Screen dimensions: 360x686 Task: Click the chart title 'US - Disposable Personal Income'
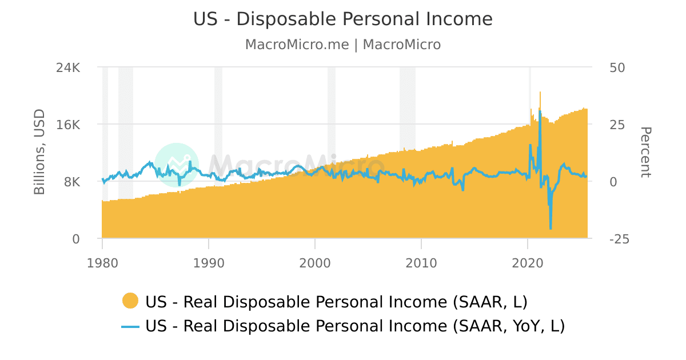[343, 19]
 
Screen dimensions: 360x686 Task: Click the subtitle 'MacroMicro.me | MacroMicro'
[343, 45]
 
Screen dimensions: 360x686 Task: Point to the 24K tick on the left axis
[68, 67]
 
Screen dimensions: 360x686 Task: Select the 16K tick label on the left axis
[68, 125]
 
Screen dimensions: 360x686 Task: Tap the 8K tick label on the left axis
[72, 182]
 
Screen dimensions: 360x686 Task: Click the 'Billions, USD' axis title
[39, 152]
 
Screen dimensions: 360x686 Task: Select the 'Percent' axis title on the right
[645, 153]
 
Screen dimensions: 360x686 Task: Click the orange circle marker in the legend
[130, 301]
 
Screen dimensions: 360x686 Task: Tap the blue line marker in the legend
[130, 326]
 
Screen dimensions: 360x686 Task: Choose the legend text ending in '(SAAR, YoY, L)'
[355, 326]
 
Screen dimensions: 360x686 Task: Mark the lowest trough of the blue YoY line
[551, 229]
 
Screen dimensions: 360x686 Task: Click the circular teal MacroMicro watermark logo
[177, 165]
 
